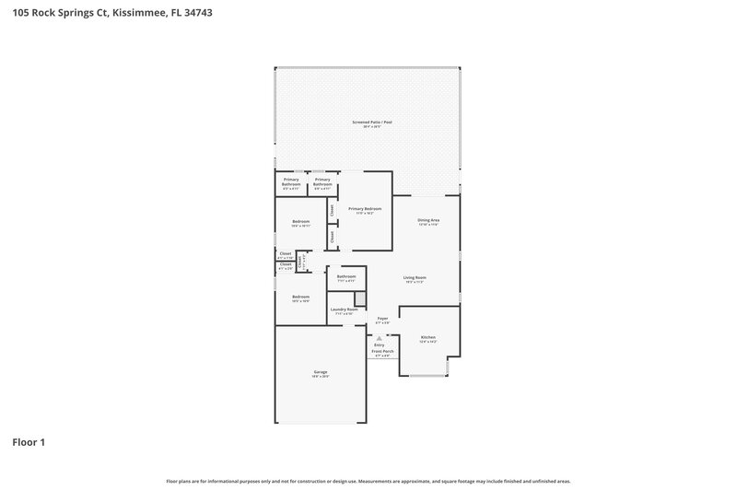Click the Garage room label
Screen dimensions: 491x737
point(320,372)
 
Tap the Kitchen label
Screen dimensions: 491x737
point(427,338)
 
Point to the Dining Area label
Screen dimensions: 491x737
point(428,220)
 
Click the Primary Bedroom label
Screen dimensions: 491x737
point(365,209)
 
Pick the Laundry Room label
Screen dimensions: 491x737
point(345,310)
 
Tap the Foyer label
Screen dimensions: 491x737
point(382,318)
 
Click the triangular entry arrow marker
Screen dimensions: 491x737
point(379,338)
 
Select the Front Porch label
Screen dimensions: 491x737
point(382,351)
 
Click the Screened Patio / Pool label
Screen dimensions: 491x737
point(371,122)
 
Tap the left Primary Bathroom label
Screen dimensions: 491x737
point(291,181)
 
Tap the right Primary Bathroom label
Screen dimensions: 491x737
point(322,181)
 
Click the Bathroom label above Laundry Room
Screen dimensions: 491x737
point(346,276)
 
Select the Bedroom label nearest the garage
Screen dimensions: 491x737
point(300,297)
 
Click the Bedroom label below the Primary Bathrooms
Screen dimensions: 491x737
point(300,222)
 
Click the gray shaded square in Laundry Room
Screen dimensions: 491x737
point(360,298)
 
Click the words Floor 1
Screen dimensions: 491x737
point(29,442)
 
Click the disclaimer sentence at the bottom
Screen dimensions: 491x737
point(368,481)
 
